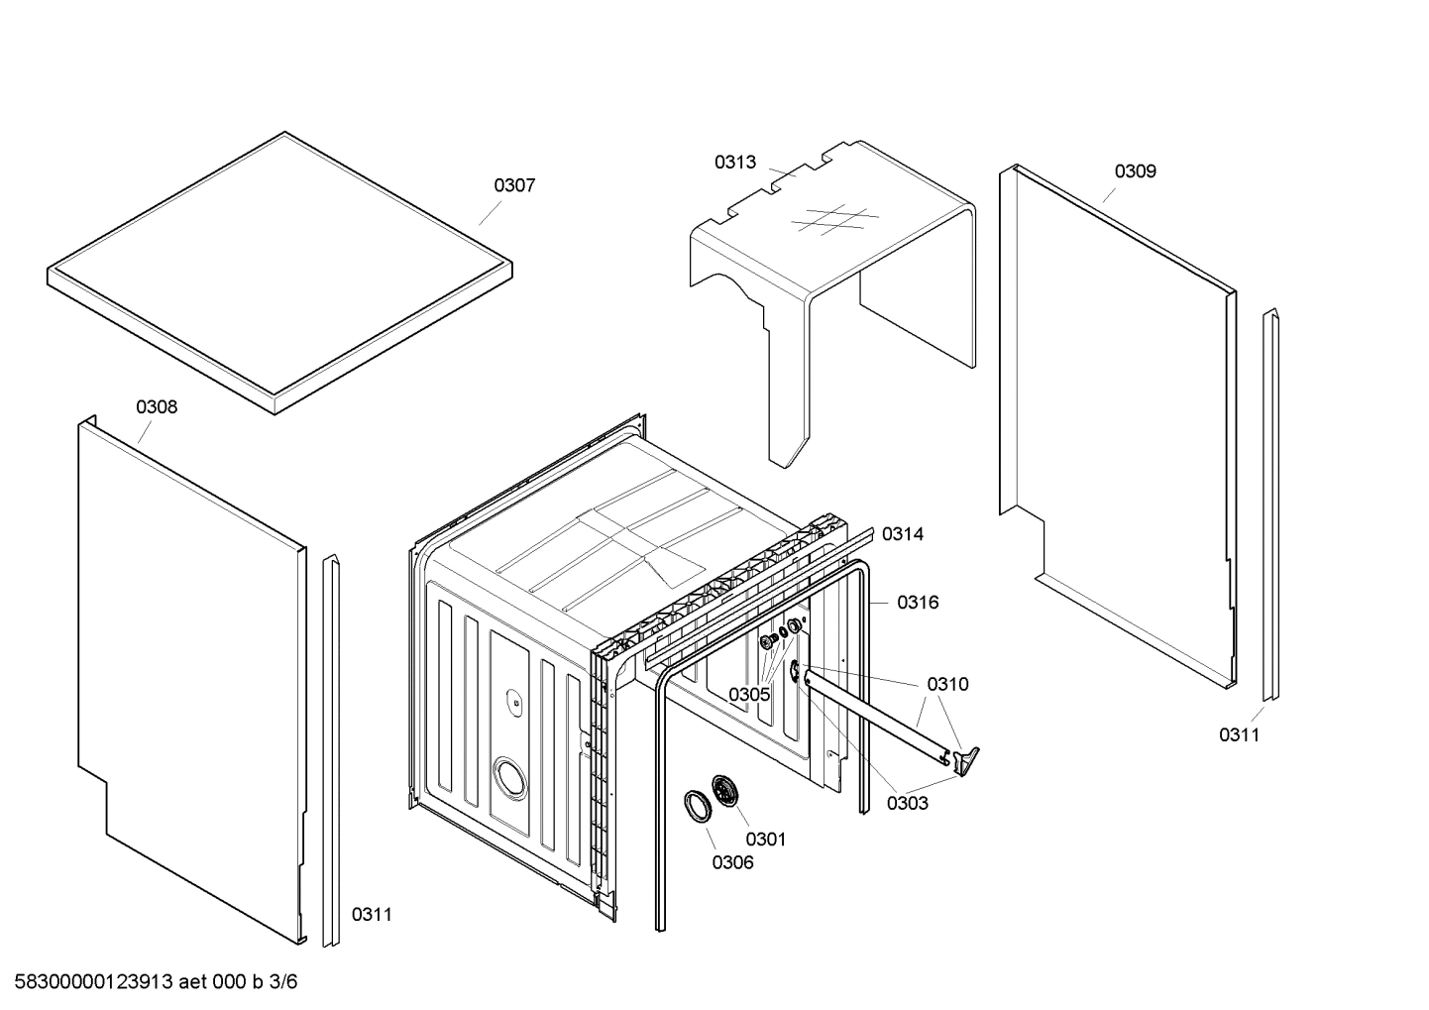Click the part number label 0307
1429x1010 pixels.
pyautogui.click(x=514, y=185)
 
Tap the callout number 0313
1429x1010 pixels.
pyautogui.click(x=734, y=162)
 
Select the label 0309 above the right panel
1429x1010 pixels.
pyautogui.click(x=1135, y=171)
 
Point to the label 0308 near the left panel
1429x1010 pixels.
pyautogui.click(x=157, y=406)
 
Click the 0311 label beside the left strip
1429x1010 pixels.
pyautogui.click(x=372, y=914)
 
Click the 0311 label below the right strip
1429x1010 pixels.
pyautogui.click(x=1239, y=734)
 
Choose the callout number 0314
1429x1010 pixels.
pyautogui.click(x=902, y=534)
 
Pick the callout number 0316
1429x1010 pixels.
pyautogui.click(x=918, y=603)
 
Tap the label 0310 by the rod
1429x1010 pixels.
pyautogui.click(x=947, y=684)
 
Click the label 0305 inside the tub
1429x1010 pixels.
pyautogui.click(x=748, y=694)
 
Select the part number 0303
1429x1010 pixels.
pyautogui.click(x=907, y=803)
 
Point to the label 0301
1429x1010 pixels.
pyautogui.click(x=765, y=840)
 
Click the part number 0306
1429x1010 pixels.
pyautogui.click(x=732, y=862)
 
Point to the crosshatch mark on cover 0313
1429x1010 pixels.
pyautogui.click(x=834, y=221)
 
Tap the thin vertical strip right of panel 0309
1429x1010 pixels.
pyautogui.click(x=1269, y=505)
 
